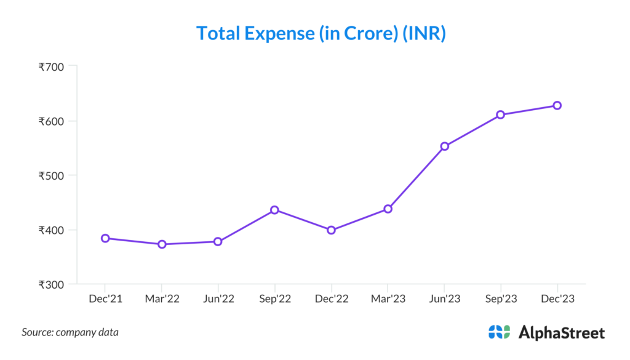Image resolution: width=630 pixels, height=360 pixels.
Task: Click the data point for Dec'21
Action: pos(105,238)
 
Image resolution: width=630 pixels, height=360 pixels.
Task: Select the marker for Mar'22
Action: pos(162,244)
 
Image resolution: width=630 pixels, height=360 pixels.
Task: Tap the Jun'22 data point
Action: pos(218,241)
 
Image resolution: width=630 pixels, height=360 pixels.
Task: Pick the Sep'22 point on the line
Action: pos(274,210)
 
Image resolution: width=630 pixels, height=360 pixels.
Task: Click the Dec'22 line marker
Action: pos(331,230)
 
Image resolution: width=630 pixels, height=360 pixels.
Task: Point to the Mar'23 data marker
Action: pos(388,209)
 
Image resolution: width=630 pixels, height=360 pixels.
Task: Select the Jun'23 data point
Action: pos(444,146)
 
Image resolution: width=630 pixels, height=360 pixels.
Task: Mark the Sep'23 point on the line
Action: pos(501,114)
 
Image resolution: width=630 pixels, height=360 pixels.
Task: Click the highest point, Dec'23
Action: pos(557,105)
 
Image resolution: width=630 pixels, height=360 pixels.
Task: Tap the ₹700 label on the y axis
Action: pos(51,66)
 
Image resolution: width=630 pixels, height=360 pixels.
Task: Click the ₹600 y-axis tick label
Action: pos(51,121)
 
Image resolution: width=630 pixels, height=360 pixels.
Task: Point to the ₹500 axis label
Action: pos(51,175)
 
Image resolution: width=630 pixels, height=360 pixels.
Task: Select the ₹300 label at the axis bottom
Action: pos(51,285)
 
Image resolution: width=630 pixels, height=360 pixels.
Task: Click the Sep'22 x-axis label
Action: pos(274,298)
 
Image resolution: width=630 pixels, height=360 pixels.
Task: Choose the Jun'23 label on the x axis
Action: pos(444,298)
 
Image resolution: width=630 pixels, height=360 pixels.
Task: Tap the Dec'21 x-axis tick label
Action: pos(105,298)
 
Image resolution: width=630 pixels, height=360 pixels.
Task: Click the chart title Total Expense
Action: pos(321,33)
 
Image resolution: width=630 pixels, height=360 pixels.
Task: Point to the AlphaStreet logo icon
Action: pos(499,332)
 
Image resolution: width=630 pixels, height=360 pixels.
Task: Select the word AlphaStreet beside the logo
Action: pos(561,333)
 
